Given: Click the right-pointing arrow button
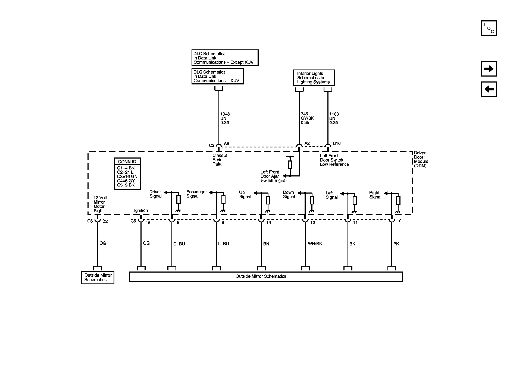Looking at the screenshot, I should tap(489, 69).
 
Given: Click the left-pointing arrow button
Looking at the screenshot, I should tap(489, 89).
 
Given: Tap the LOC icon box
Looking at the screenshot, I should tap(489, 28).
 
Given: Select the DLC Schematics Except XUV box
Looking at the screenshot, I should tap(225, 58).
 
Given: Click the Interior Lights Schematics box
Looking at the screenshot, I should tap(314, 78).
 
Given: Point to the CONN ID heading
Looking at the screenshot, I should tap(127, 162).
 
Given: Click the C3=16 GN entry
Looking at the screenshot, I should tap(127, 176).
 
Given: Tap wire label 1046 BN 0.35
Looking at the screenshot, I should tap(225, 118).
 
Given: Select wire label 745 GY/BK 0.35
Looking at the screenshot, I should tap(307, 118).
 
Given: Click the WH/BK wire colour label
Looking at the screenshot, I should tap(315, 244).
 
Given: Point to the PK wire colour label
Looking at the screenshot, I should tap(396, 244).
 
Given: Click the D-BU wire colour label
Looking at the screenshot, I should tap(179, 244).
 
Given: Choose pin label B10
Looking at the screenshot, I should tap(337, 144).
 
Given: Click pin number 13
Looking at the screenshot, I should tap(268, 223).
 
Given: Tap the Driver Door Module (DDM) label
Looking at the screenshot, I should tap(421, 159).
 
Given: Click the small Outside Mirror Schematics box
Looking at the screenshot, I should tap(98, 277).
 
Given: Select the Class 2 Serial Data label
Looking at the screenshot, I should tap(219, 160).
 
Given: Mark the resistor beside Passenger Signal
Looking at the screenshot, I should tap(223, 200).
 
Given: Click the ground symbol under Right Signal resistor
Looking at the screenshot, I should tap(398, 211).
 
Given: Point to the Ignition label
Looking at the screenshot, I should tap(141, 210).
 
